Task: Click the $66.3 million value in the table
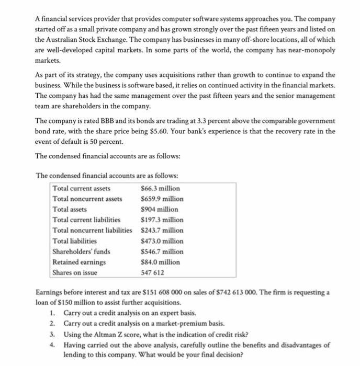[160, 188]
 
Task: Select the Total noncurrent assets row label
[87, 199]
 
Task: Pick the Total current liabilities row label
[86, 220]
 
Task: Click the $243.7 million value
[162, 230]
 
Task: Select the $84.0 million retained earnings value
[160, 261]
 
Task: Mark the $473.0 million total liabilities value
[162, 241]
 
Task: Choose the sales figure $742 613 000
[254, 292]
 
